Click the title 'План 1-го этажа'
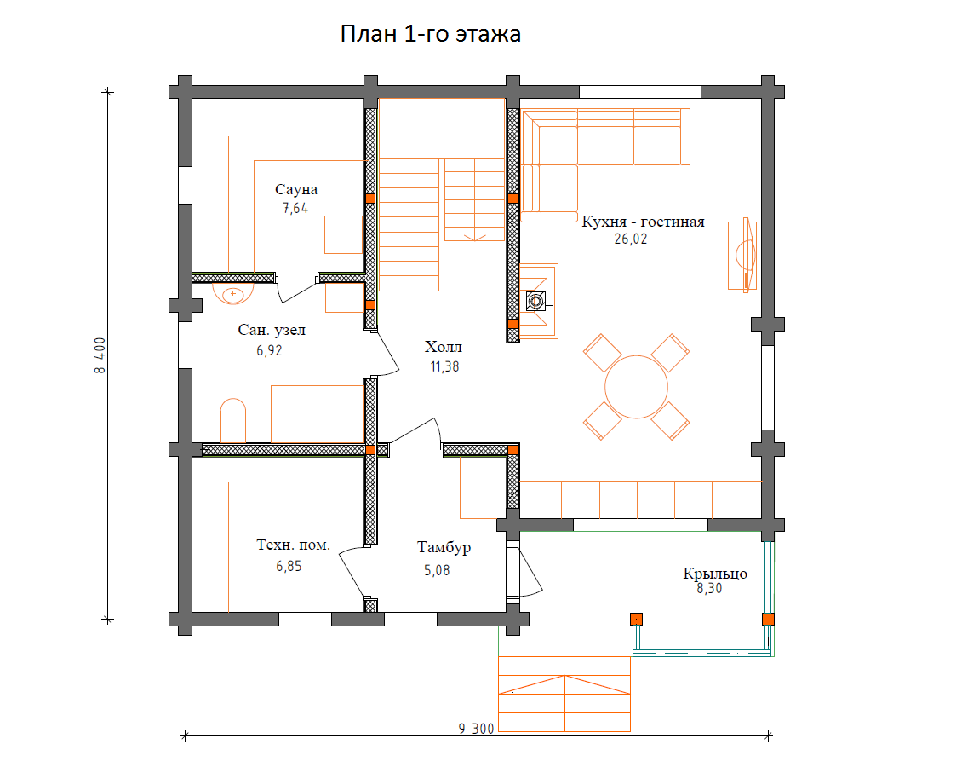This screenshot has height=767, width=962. coord(431,34)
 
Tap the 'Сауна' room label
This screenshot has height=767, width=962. coord(296,189)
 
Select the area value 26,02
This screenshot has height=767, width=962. coord(631,239)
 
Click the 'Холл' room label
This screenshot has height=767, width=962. coord(444,347)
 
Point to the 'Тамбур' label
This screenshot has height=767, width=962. coord(444,547)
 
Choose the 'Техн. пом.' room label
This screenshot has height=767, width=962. coord(293,545)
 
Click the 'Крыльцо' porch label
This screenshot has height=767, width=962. coord(715,574)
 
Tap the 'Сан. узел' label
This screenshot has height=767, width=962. coord(272,330)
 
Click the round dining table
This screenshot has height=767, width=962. coord(636,387)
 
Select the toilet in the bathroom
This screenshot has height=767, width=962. coord(233,420)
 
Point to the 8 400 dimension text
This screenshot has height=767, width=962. coord(100,355)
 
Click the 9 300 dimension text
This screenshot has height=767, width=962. coord(476,729)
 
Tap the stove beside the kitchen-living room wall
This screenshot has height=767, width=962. coord(535,302)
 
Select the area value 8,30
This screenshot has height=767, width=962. coord(709,588)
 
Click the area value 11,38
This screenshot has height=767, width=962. coord(444,366)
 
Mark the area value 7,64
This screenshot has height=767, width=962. coord(295,208)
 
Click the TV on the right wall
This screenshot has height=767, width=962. coord(743,255)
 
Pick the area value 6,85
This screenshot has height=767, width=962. coord(289,566)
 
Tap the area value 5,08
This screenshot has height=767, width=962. coord(437,570)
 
